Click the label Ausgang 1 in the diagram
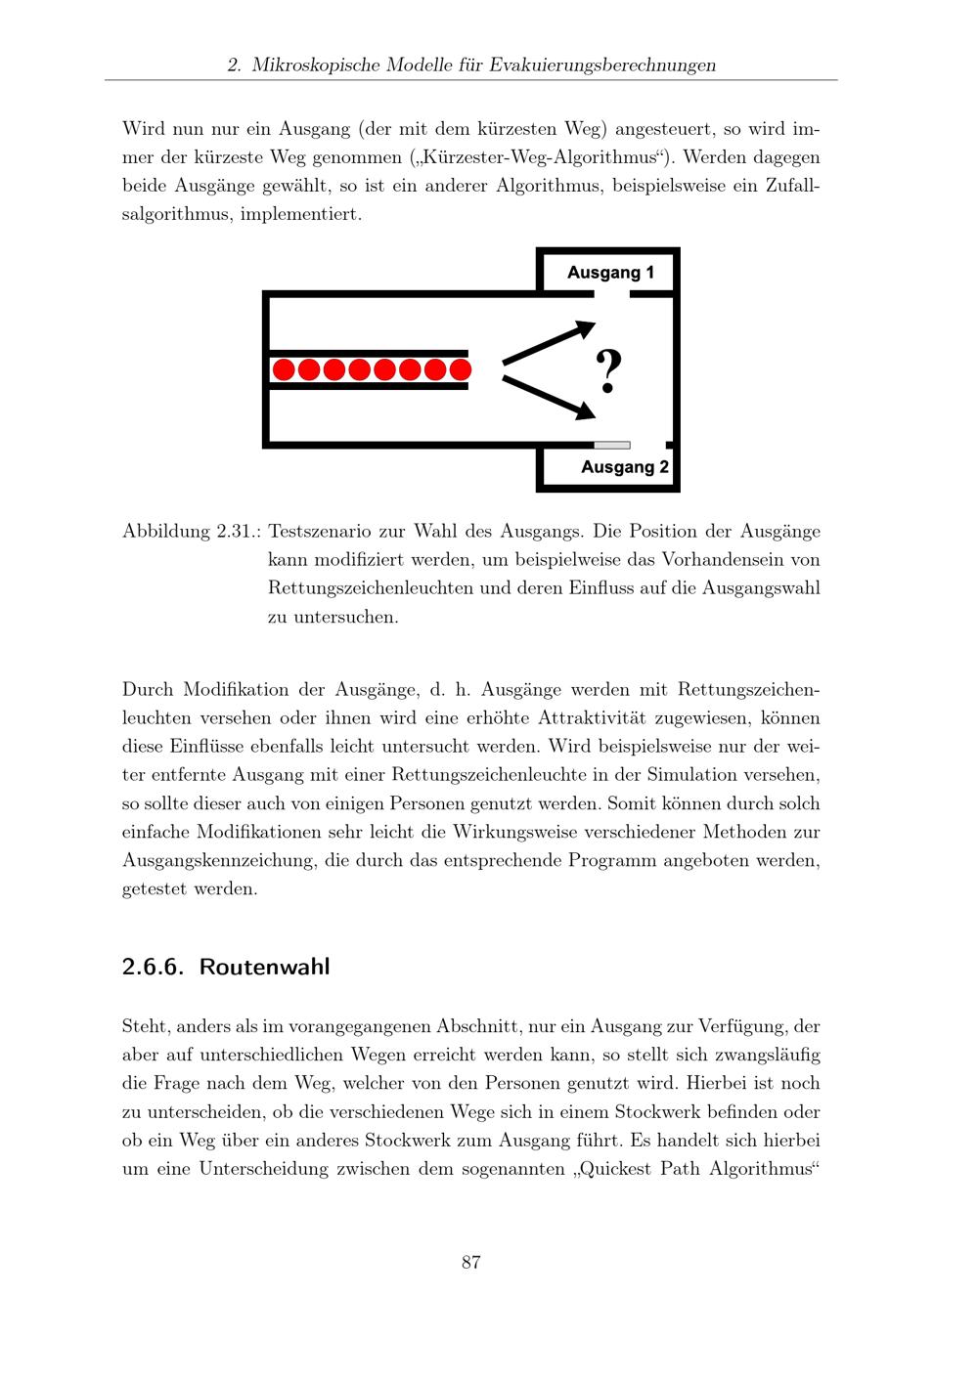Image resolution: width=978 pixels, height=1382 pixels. pos(610,273)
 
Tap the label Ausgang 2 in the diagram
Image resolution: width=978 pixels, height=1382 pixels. pos(625,467)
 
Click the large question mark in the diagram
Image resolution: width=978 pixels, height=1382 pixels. pos(608,372)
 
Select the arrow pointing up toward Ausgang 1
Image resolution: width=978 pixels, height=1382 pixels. pos(549,342)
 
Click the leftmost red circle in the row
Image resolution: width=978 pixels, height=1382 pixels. pos(284,369)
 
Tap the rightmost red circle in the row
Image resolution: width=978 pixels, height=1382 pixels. pos(460,369)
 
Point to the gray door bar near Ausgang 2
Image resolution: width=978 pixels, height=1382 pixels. pos(612,445)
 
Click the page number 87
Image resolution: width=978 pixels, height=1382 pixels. pos(470,1262)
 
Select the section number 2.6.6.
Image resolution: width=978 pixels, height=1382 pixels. pos(153,967)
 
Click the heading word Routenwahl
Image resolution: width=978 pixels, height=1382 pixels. pos(264,967)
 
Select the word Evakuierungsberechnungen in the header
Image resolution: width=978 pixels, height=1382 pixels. pos(602,65)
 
